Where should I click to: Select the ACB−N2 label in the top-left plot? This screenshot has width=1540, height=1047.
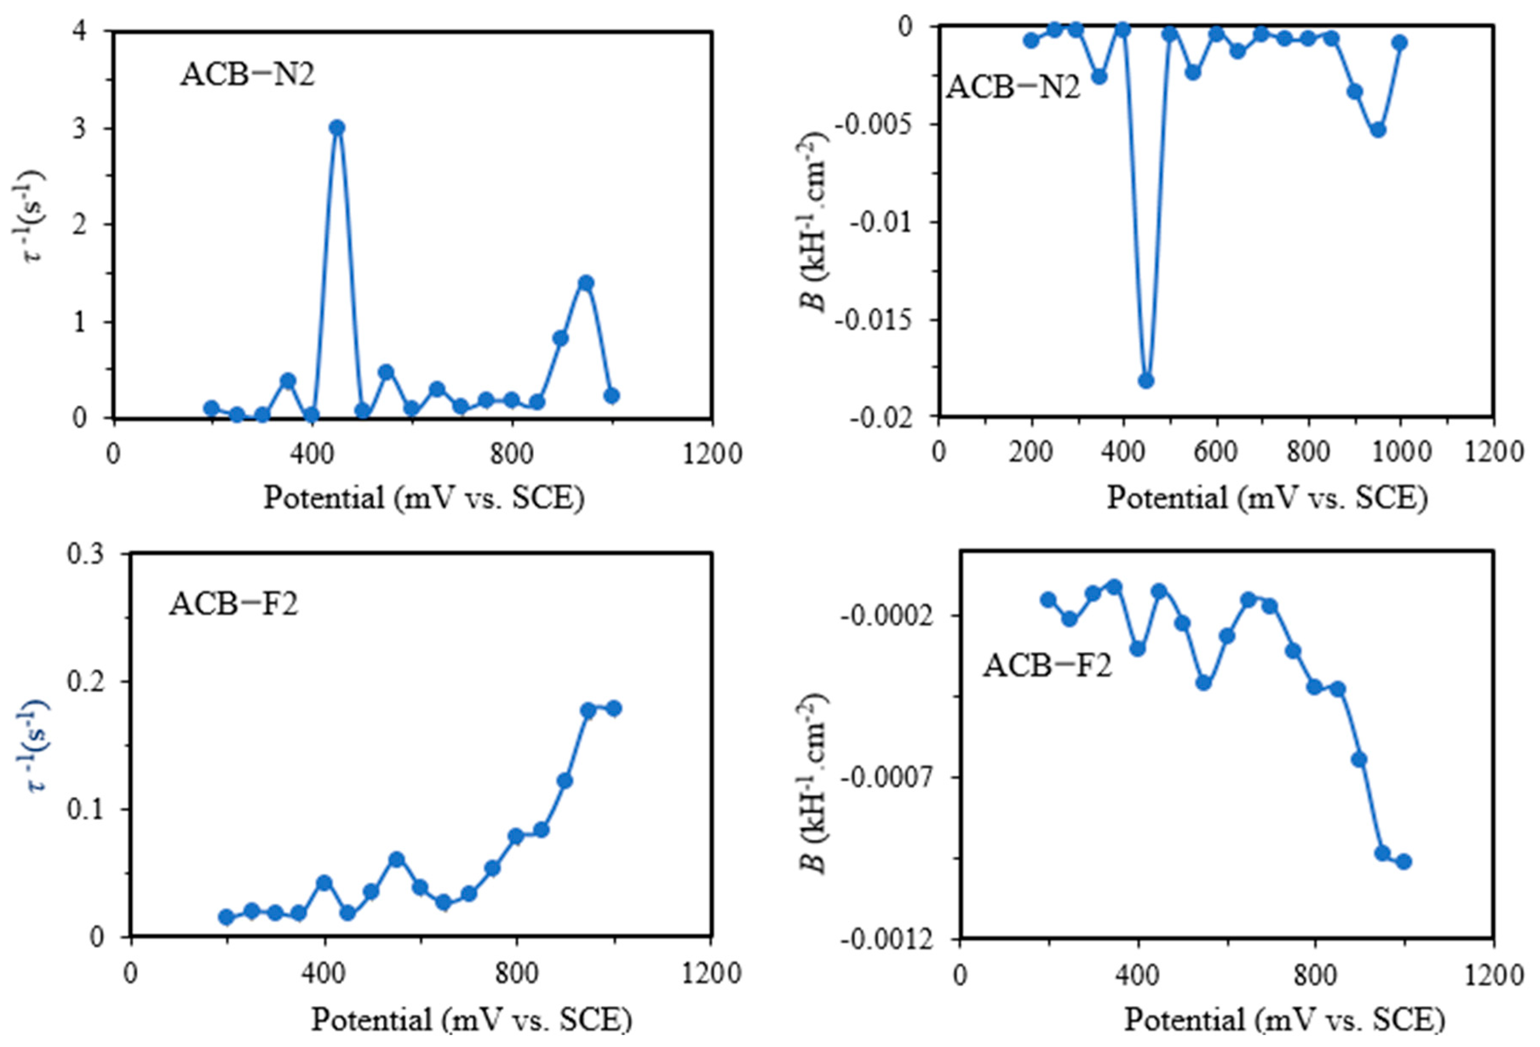[248, 75]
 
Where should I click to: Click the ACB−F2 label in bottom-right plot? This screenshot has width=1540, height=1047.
[1047, 665]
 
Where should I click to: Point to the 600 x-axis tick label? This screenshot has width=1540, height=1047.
[1216, 452]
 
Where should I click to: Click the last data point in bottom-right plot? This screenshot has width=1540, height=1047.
[1403, 862]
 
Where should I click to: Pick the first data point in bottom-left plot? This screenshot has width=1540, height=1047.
[226, 917]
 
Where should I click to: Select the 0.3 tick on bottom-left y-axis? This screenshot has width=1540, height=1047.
[87, 554]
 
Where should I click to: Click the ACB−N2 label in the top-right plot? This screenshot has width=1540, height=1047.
[1012, 87]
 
